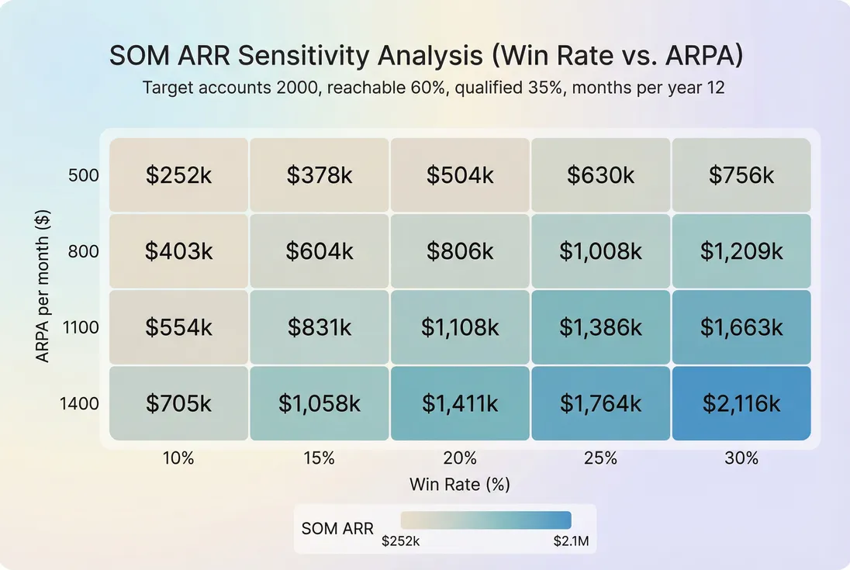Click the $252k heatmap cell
click(x=178, y=175)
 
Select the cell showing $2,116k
click(x=741, y=403)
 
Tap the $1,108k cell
click(x=460, y=327)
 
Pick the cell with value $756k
click(x=741, y=175)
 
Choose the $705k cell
click(x=178, y=403)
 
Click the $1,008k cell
click(x=600, y=251)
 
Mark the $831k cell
click(x=319, y=327)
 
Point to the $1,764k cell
click(x=600, y=403)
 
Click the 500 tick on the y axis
click(x=85, y=175)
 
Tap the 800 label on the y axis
click(x=85, y=251)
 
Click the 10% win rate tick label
click(x=178, y=458)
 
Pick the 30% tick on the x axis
click(x=741, y=458)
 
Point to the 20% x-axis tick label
click(x=460, y=458)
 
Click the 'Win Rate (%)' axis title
click(x=460, y=485)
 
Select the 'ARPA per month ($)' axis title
click(x=43, y=289)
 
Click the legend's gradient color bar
click(x=485, y=520)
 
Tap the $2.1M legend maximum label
click(x=571, y=541)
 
